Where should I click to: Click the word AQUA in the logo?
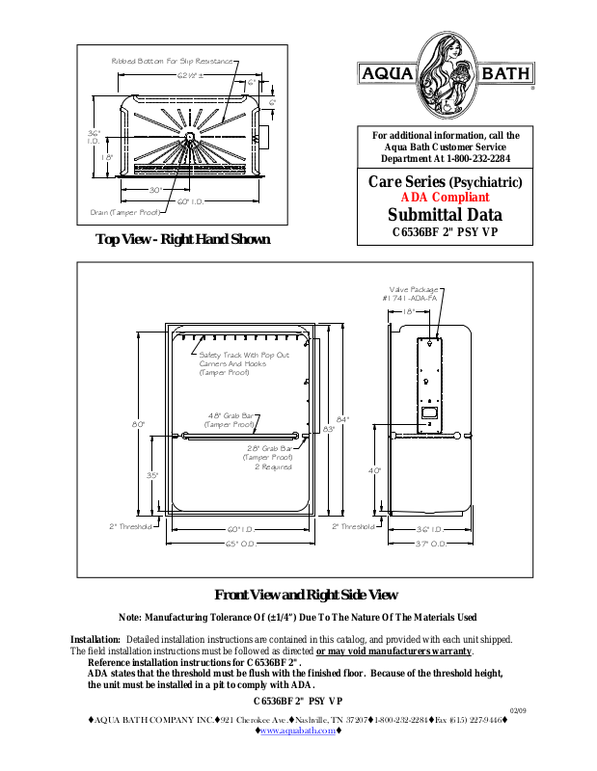(386, 74)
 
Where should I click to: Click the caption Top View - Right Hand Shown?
(182, 240)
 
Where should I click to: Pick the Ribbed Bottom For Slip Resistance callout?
(173, 61)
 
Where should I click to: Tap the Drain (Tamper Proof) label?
(124, 212)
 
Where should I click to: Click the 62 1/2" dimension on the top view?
(188, 74)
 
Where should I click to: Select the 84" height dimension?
(341, 419)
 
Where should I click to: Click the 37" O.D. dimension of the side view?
(430, 545)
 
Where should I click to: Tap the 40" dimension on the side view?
(375, 470)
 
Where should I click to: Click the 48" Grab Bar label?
(231, 419)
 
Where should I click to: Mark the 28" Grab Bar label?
(267, 453)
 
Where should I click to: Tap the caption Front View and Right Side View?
(305, 595)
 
